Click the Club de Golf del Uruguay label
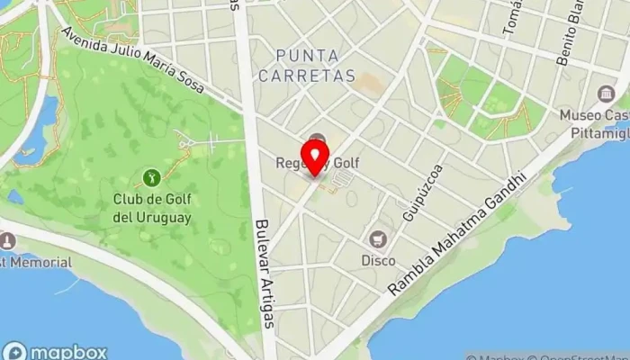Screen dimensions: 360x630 (x=152, y=208)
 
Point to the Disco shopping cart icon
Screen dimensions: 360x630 (x=378, y=239)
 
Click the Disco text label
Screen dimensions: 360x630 (x=378, y=261)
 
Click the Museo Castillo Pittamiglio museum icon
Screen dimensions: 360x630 (x=606, y=94)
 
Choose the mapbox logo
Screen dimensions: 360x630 (x=55, y=352)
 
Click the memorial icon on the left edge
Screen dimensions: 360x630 (x=7, y=241)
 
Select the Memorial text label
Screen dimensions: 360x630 (x=38, y=262)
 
